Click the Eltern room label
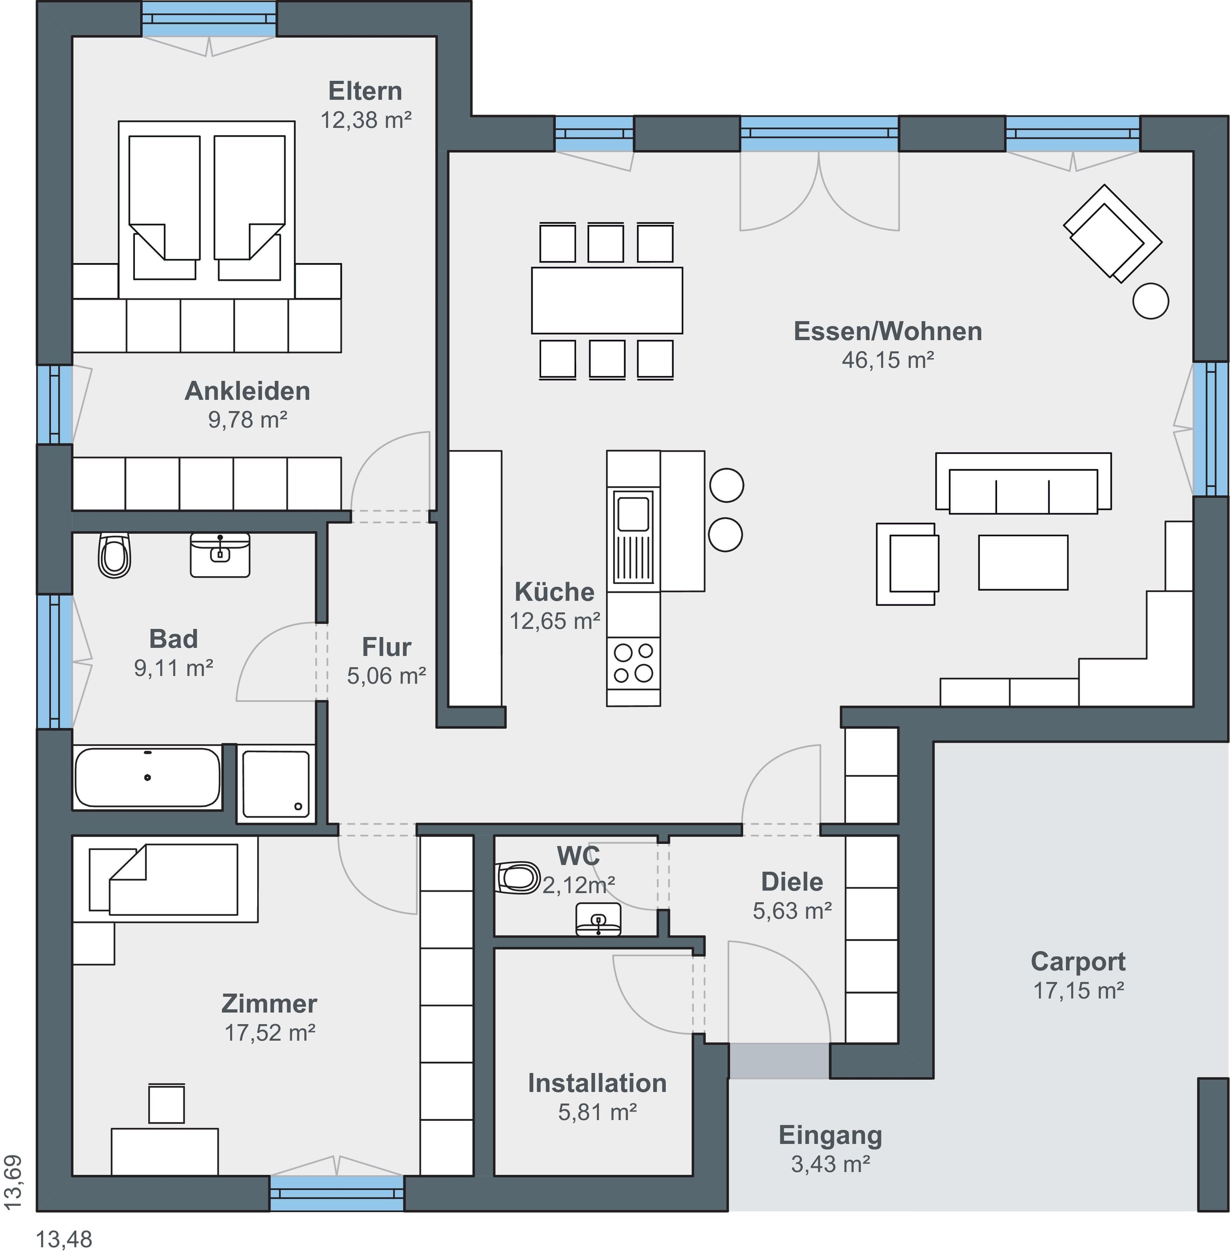365,91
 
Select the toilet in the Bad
114,555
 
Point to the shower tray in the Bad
276,784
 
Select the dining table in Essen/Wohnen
607,300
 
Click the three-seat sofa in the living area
1023,483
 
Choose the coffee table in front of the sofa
1023,562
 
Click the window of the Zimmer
337,1193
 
